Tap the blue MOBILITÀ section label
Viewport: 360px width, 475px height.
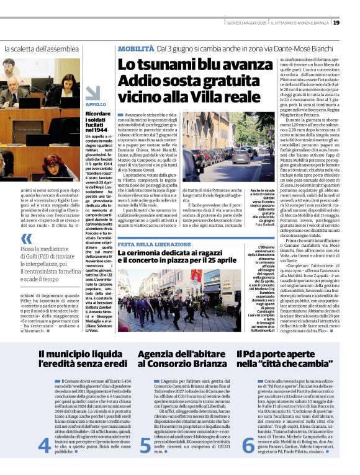click(137, 47)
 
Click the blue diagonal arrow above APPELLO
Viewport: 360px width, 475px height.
click(92, 92)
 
